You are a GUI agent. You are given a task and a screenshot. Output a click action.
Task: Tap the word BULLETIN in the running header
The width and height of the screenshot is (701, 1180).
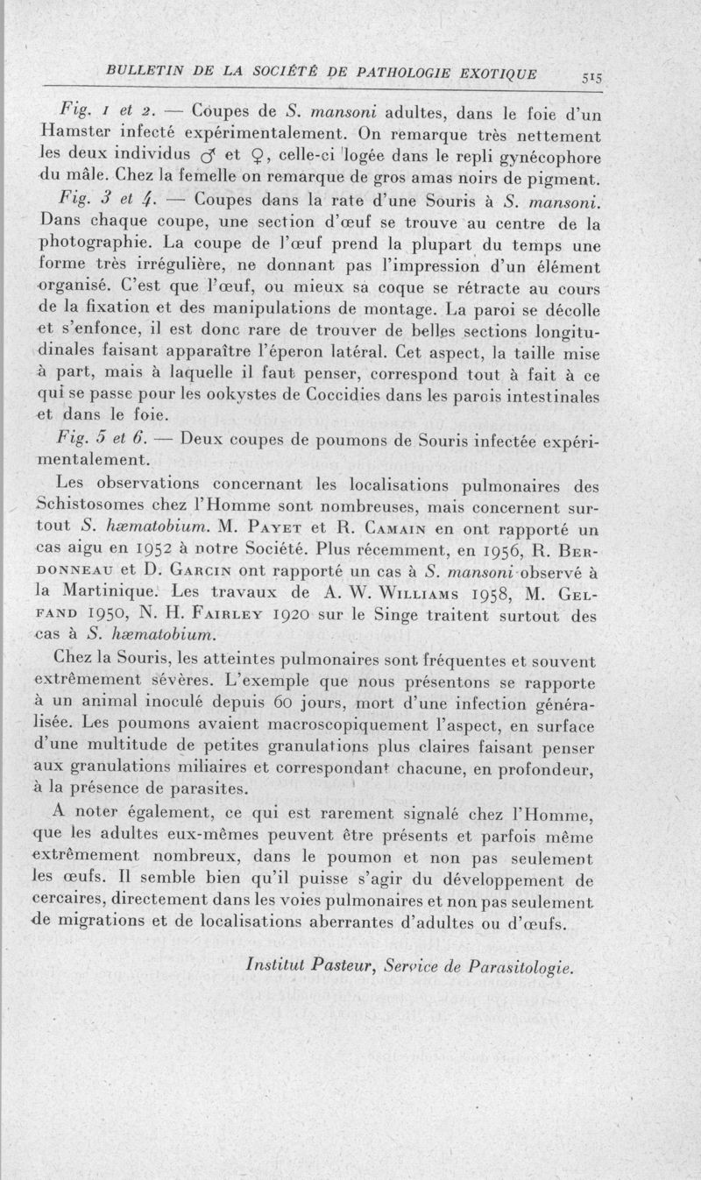135,70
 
